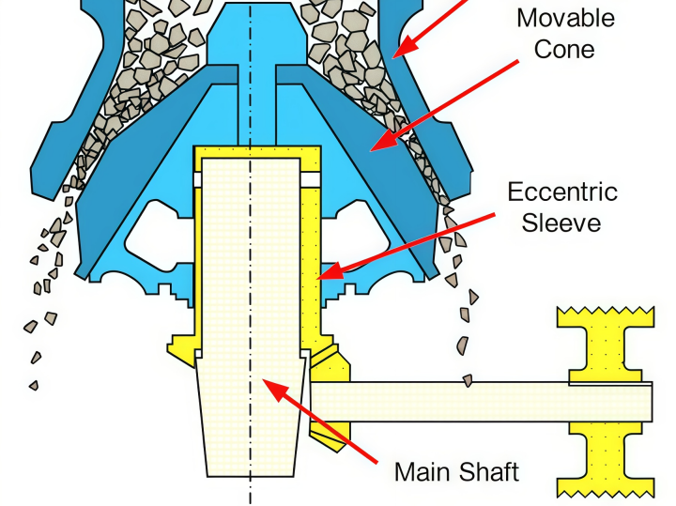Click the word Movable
(x=565, y=19)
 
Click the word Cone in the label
(x=564, y=49)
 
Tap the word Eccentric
(x=562, y=192)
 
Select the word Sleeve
(x=561, y=222)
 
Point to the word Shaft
(x=485, y=472)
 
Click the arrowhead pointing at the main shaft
(x=276, y=390)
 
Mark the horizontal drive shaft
(x=481, y=402)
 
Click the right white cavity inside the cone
(x=357, y=236)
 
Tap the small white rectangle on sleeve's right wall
(x=311, y=179)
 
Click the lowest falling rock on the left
(x=34, y=385)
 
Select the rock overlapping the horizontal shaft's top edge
(x=468, y=380)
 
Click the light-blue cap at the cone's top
(x=251, y=34)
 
